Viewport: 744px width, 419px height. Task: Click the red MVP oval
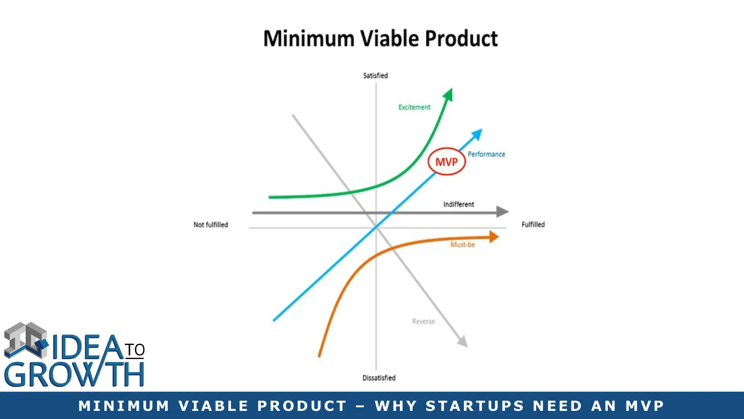point(428,161)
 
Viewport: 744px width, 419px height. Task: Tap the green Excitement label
point(414,107)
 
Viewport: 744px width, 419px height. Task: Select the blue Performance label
point(486,154)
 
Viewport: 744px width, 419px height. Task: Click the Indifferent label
point(459,204)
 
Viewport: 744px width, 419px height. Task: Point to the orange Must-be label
point(463,244)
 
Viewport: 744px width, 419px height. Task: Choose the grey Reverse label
point(424,321)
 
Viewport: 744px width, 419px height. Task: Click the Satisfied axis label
point(375,75)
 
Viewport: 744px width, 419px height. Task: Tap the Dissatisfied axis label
point(379,377)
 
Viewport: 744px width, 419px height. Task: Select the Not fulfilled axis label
point(211,225)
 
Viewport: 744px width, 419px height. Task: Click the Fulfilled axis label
point(533,224)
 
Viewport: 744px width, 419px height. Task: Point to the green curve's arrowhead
point(448,95)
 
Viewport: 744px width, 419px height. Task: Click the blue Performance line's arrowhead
point(477,134)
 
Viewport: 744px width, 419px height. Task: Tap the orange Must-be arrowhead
point(494,237)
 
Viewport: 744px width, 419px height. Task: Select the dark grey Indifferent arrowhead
point(503,212)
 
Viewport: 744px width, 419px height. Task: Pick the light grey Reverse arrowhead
point(463,341)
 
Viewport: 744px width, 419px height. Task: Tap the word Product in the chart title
point(462,38)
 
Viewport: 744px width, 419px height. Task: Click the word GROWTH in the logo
point(74,374)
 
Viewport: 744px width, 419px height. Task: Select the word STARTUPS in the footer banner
point(475,406)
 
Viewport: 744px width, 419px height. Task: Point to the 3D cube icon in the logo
point(26,340)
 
